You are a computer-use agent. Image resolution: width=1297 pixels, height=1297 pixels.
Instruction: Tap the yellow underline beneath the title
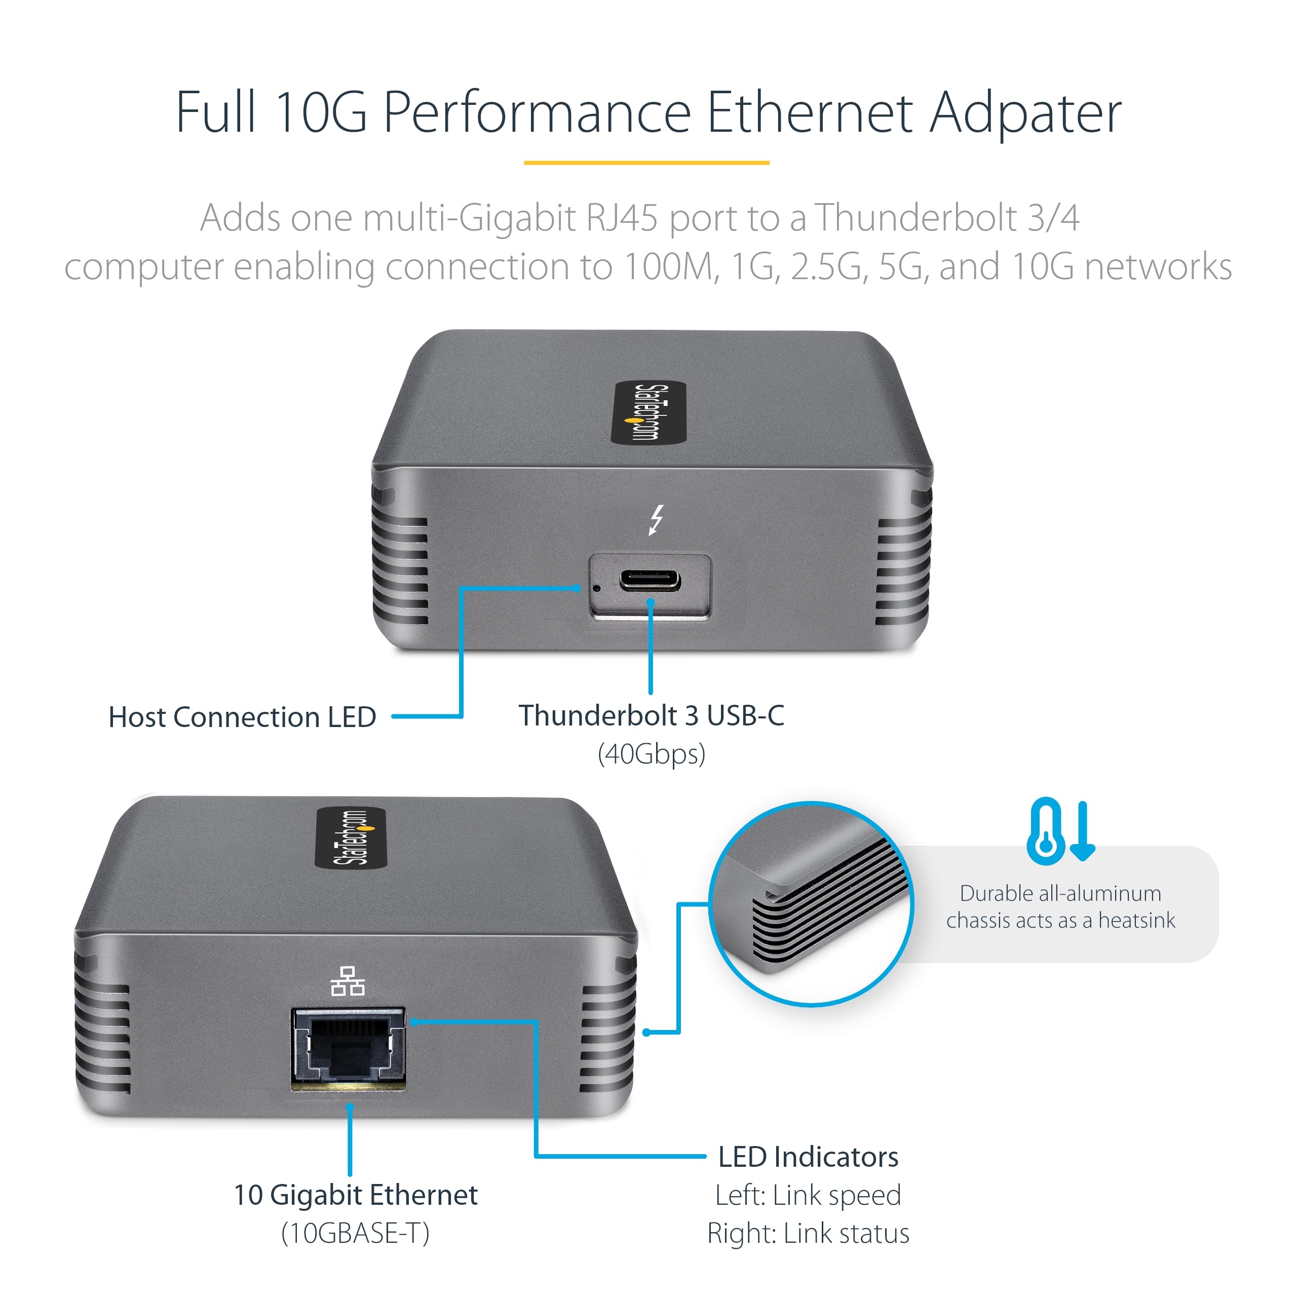(646, 163)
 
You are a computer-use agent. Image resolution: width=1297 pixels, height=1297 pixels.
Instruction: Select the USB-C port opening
(649, 580)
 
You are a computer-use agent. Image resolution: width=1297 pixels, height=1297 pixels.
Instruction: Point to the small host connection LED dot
(597, 589)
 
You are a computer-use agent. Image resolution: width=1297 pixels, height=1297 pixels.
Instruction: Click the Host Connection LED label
(242, 717)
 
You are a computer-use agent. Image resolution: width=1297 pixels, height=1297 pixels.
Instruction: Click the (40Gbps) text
(651, 754)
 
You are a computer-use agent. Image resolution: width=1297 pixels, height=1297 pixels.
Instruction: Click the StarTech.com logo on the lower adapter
(351, 838)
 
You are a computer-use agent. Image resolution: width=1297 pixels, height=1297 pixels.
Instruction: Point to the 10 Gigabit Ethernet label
(355, 1195)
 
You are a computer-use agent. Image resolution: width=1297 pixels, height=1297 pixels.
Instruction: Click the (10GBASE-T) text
(355, 1233)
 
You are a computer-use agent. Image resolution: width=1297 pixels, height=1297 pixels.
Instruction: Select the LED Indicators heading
(808, 1157)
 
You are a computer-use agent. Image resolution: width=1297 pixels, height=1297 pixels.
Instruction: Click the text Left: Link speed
(808, 1195)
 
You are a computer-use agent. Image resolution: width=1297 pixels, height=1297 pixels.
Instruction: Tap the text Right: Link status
(808, 1233)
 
